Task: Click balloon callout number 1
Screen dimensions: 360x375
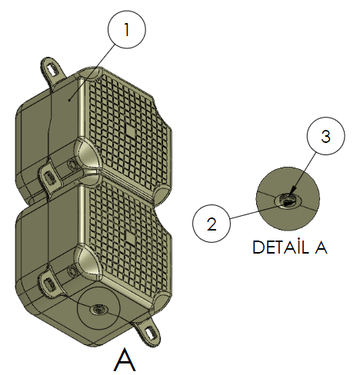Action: (x=127, y=29)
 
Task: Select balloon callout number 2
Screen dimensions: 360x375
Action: (x=212, y=224)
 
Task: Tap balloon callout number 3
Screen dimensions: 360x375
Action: (x=326, y=136)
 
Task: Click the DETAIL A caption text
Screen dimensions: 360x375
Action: (x=290, y=247)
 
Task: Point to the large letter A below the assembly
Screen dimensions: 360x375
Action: (x=125, y=359)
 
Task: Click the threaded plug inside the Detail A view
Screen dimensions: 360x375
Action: (x=288, y=200)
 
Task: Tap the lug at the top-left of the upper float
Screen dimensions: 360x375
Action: (x=53, y=69)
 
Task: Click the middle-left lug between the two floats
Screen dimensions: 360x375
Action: (x=50, y=176)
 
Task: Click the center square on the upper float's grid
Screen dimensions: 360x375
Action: (x=130, y=131)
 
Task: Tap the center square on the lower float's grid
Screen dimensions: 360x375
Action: (x=130, y=238)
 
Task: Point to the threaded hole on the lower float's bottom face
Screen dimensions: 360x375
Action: (x=98, y=310)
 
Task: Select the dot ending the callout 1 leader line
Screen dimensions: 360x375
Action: (x=69, y=101)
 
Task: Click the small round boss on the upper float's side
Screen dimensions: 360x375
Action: (x=72, y=164)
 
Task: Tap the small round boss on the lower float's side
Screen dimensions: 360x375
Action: (x=72, y=272)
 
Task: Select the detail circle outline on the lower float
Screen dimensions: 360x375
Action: (x=98, y=287)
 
